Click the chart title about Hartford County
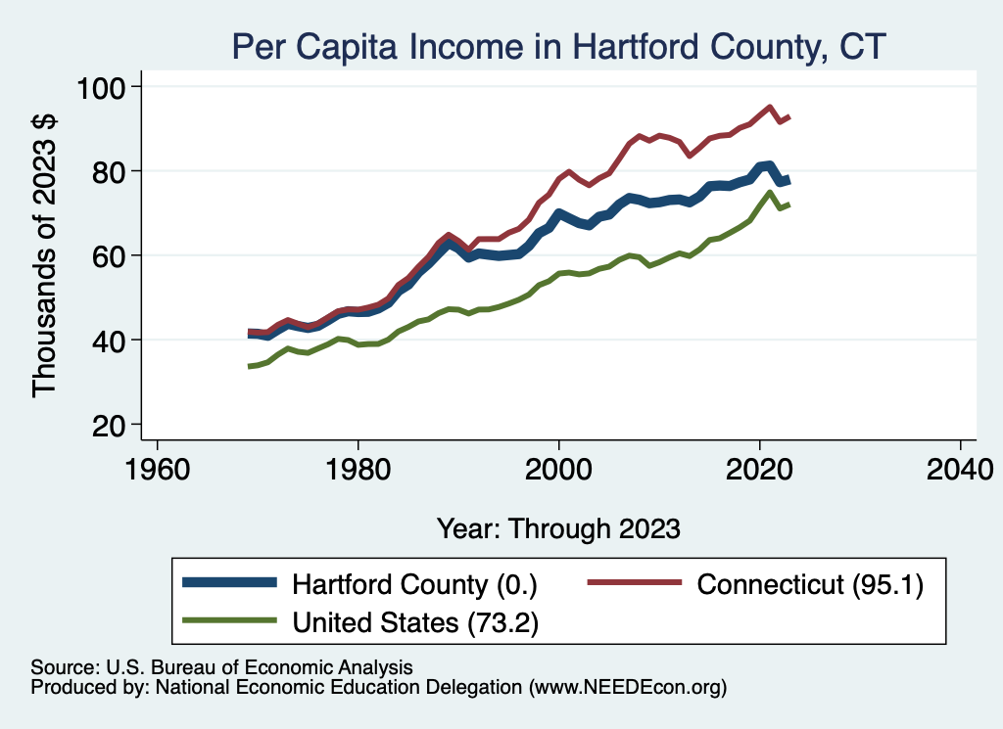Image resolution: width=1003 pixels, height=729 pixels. (558, 47)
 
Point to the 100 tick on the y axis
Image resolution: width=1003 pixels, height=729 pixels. (101, 87)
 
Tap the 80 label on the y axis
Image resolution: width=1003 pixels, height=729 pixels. (110, 172)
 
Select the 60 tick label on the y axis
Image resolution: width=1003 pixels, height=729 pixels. (110, 256)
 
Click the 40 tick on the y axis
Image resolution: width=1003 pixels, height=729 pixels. (110, 341)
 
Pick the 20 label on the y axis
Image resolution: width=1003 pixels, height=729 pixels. (110, 426)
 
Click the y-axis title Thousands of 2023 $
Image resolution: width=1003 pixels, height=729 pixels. (45, 255)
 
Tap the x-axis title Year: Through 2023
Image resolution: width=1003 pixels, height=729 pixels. (558, 529)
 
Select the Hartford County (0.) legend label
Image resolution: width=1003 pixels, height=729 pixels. (414, 584)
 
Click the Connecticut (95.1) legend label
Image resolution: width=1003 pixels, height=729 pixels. (810, 584)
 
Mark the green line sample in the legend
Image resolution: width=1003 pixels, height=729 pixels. (229, 620)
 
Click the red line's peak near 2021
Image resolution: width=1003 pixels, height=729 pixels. (770, 108)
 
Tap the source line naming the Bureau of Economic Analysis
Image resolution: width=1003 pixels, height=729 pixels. (222, 667)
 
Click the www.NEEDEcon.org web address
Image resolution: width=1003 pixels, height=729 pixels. (628, 688)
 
